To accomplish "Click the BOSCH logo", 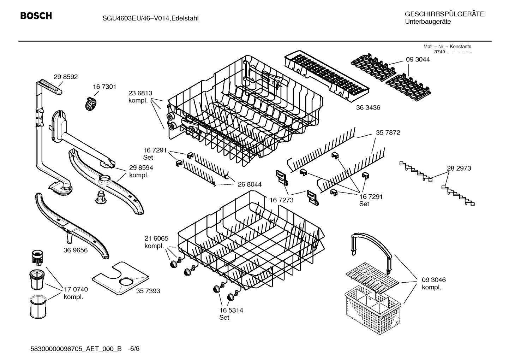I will pos(36,16).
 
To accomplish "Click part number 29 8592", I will pos(66,77).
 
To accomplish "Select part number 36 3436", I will pos(368,107).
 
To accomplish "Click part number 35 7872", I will pos(388,133).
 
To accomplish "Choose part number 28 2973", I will pos(459,169).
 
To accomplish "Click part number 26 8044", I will pos(250,184).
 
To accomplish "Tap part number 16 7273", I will pos(281,200).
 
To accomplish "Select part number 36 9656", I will pos(76,250).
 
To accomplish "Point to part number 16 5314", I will pos(231,311).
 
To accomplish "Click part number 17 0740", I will pos(76,290).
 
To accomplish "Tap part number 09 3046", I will pos(434,280).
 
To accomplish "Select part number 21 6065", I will pos(156,238).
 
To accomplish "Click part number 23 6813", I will pos(140,93).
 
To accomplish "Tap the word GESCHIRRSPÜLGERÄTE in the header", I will pos(444,14).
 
